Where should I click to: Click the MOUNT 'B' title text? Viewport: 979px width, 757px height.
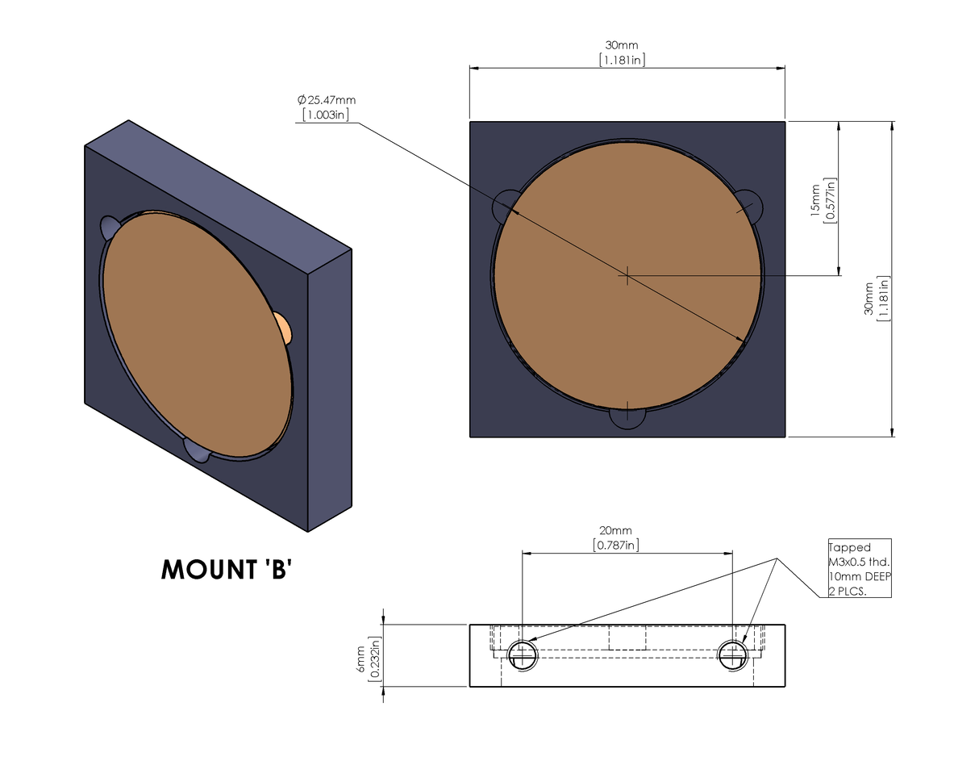(226, 569)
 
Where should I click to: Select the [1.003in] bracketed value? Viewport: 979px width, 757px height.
(326, 115)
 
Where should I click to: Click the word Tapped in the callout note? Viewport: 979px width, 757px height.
(849, 547)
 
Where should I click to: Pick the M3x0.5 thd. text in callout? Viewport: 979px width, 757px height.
(859, 562)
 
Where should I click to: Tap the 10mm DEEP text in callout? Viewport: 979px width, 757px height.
(859, 576)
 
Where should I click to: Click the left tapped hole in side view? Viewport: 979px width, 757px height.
(523, 654)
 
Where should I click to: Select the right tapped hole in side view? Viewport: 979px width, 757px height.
(733, 654)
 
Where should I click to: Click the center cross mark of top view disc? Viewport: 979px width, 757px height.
(627, 276)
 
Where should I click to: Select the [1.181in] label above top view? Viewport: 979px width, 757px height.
(621, 60)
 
